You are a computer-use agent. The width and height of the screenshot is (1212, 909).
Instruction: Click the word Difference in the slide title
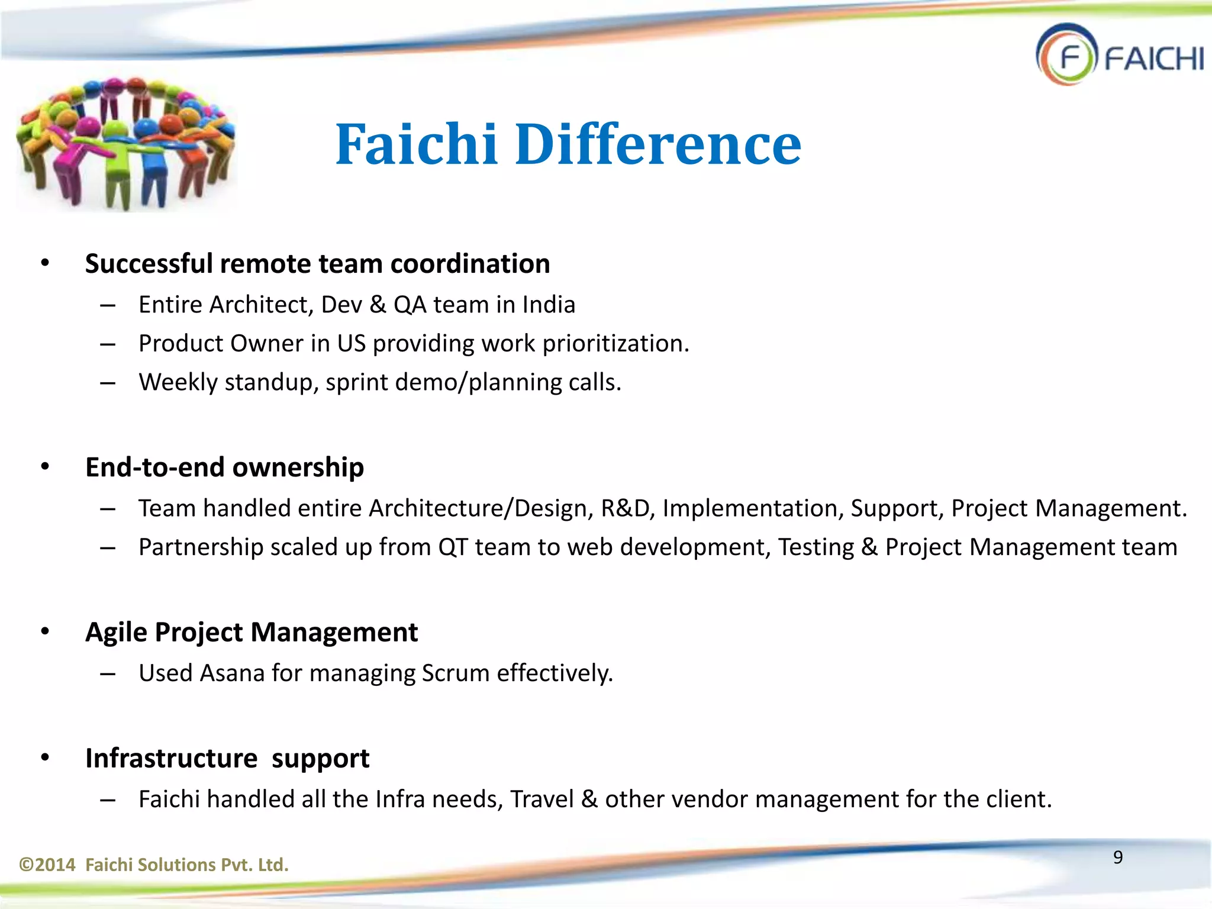coord(658,144)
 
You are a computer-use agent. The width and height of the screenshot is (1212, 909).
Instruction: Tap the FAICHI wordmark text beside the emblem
coord(1153,59)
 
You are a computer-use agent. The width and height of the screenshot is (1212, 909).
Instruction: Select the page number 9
coord(1117,857)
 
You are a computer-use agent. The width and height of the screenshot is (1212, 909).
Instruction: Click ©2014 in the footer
coord(47,865)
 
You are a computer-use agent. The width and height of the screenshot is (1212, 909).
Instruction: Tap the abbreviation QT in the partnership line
coord(453,547)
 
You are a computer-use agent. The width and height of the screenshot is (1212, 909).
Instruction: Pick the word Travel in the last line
coord(541,799)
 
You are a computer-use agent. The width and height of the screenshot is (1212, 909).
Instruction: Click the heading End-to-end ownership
coord(224,467)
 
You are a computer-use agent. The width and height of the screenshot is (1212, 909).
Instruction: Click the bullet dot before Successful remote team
coord(45,264)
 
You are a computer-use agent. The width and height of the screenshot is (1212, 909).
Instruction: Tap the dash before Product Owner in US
coord(107,344)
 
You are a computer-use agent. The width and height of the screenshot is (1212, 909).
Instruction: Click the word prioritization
coord(615,344)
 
